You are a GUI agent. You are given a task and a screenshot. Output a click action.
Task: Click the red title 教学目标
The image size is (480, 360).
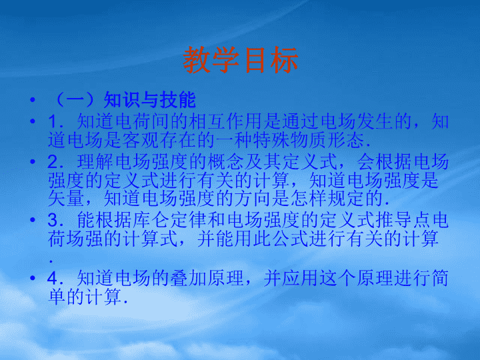pyautogui.click(x=240, y=60)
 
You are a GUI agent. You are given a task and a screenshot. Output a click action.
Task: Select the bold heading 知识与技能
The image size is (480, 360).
pyautogui.click(x=150, y=100)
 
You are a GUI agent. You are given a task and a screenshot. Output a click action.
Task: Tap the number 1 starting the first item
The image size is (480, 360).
pyautogui.click(x=53, y=121)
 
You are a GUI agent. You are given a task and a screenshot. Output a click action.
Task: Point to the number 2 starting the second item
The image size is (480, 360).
pyautogui.click(x=53, y=161)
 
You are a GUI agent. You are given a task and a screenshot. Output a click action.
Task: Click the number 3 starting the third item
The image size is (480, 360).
pyautogui.click(x=53, y=220)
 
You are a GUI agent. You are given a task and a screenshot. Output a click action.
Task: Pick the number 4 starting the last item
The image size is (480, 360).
pyautogui.click(x=53, y=278)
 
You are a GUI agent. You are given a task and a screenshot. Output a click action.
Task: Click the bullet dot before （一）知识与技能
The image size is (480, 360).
pyautogui.click(x=33, y=99)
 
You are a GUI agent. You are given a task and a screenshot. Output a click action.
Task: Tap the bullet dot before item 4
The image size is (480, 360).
pyautogui.click(x=33, y=278)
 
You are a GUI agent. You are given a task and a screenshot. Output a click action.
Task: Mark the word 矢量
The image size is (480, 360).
pyautogui.click(x=66, y=199)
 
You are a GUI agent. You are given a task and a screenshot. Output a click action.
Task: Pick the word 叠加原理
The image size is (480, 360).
pyautogui.click(x=207, y=278)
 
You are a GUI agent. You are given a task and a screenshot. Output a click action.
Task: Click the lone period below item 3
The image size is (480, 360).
pyautogui.click(x=51, y=261)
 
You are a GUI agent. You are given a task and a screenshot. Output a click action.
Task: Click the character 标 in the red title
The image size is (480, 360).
pyautogui.click(x=284, y=60)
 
